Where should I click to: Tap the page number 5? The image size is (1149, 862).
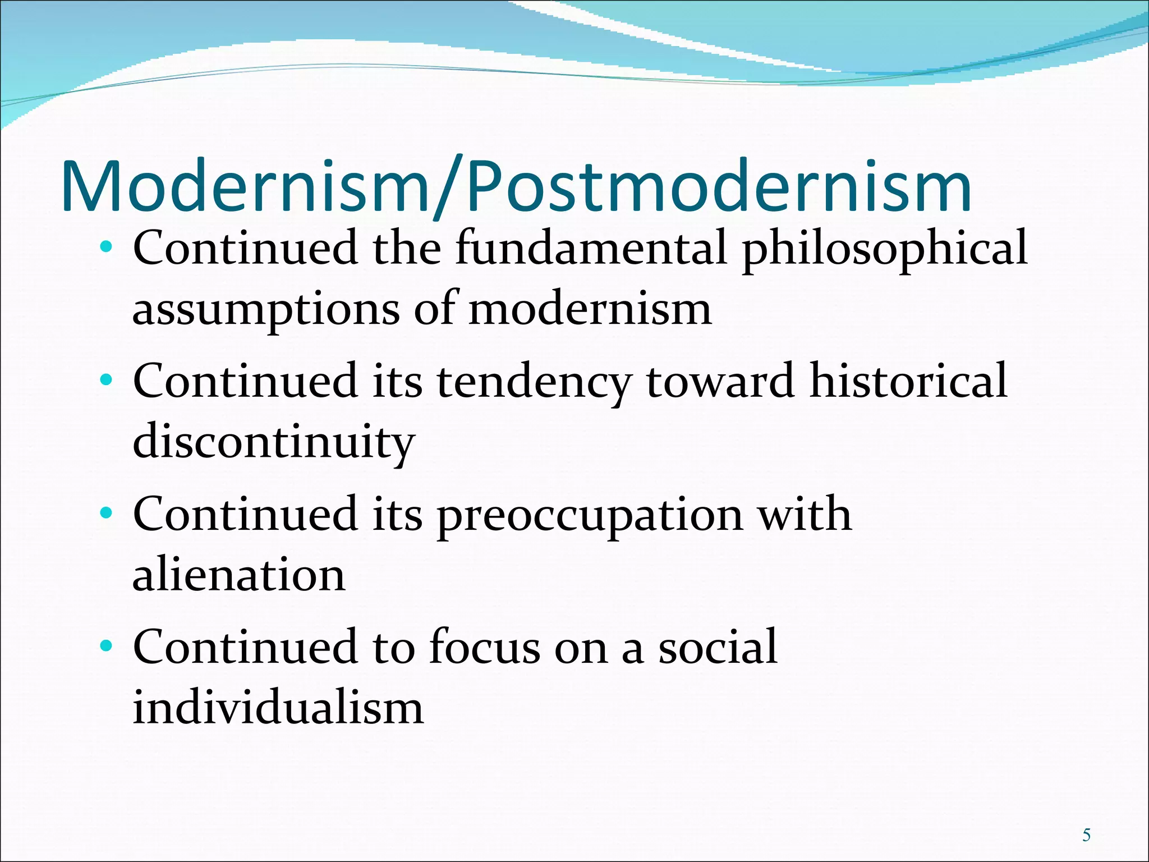pyautogui.click(x=1086, y=836)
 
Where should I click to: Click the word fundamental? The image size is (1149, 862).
pyautogui.click(x=591, y=249)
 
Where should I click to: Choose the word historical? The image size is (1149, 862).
pyautogui.click(x=908, y=381)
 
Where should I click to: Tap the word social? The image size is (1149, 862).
pyautogui.click(x=718, y=647)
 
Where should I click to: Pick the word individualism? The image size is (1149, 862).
pyautogui.click(x=278, y=708)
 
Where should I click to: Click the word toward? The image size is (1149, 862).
pyautogui.click(x=720, y=382)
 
